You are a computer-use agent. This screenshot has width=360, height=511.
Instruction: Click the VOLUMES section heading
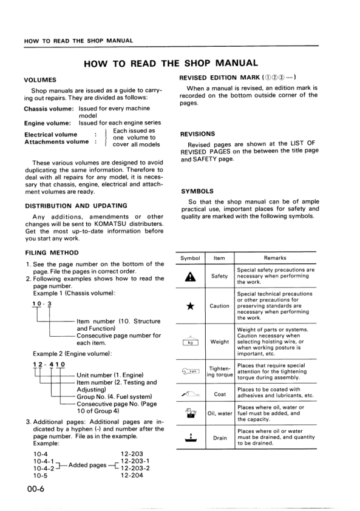click(40, 80)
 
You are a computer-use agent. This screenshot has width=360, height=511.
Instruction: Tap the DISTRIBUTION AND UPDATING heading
click(75, 206)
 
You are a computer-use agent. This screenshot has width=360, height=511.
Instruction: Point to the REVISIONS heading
click(197, 134)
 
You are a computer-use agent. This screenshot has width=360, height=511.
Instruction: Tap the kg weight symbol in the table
click(191, 342)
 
